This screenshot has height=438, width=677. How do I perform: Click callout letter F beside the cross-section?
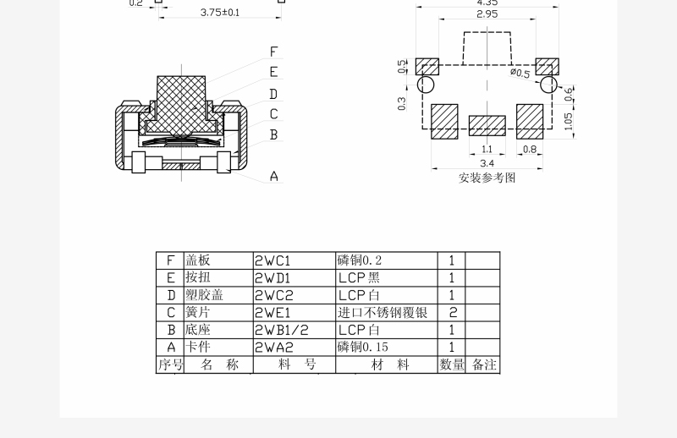pos(273,52)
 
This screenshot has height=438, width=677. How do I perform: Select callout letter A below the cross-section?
pos(273,176)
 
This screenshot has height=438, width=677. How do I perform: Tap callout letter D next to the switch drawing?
pos(273,94)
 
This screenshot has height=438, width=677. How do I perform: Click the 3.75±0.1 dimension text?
pos(220,13)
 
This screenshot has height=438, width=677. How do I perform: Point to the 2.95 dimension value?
pos(487,14)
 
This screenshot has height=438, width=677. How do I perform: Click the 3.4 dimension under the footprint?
pos(487,163)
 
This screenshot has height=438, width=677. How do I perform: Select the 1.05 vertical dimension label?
pos(568,121)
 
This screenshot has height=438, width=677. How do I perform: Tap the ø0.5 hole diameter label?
pos(520,73)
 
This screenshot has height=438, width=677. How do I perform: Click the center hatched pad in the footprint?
pos(487,126)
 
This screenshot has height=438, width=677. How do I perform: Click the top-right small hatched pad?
pos(547,67)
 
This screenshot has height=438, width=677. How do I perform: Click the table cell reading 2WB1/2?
pos(282,330)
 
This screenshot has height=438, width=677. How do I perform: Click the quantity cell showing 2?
pos(452,312)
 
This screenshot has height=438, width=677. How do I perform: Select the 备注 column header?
pos(483,364)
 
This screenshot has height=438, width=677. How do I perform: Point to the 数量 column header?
pos(452,364)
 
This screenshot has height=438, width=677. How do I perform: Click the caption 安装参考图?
pos(487,178)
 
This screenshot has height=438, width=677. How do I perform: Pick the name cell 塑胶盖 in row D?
pos(204,295)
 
